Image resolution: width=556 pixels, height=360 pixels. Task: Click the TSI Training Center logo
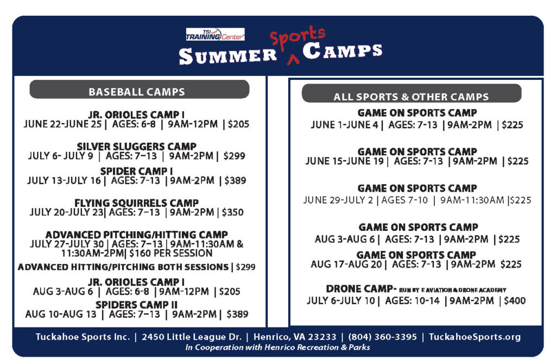pyautogui.click(x=215, y=35)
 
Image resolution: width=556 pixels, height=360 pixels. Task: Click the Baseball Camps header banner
pyautogui.click(x=139, y=91)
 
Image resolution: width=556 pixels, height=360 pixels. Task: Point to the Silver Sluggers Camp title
pyautogui.click(x=136, y=147)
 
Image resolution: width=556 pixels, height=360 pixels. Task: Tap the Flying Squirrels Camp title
pyautogui.click(x=136, y=203)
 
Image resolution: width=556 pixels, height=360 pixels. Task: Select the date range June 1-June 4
pyautogui.click(x=345, y=125)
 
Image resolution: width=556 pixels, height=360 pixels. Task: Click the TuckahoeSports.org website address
pyautogui.click(x=474, y=337)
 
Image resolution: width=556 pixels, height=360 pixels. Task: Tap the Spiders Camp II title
pyautogui.click(x=136, y=305)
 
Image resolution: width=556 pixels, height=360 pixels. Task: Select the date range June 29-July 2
pyautogui.click(x=340, y=200)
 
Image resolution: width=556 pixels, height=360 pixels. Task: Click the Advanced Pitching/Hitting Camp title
pyautogui.click(x=136, y=235)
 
